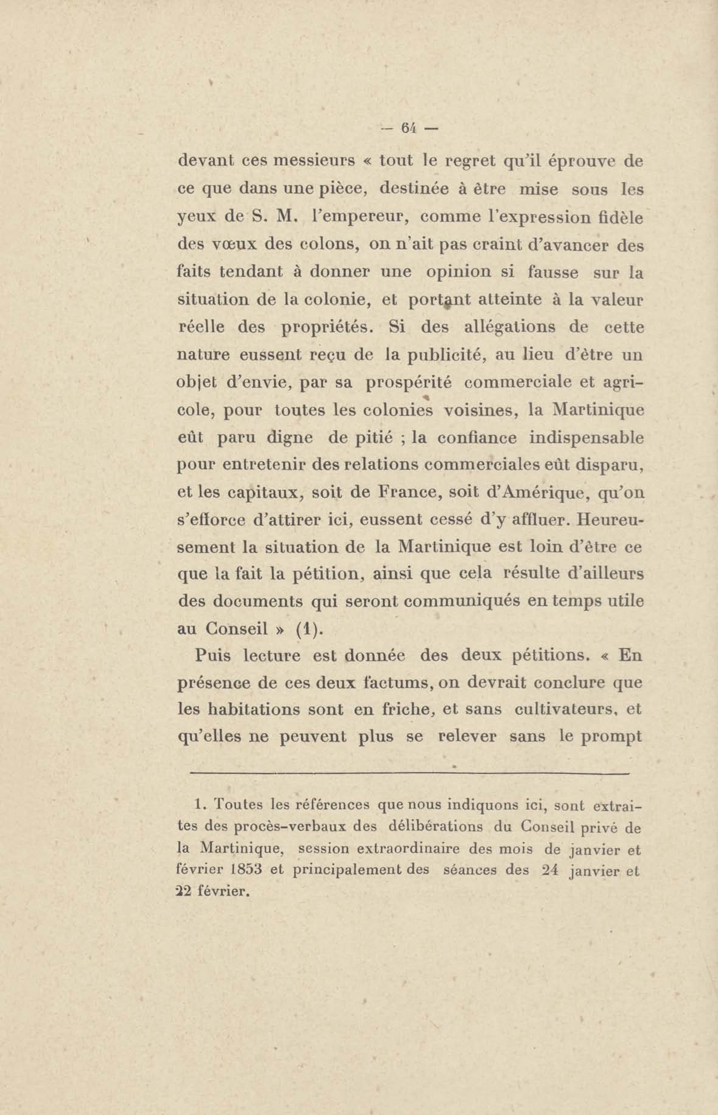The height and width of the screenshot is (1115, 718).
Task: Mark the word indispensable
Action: point(587,438)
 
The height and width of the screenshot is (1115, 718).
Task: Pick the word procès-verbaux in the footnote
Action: point(289,826)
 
